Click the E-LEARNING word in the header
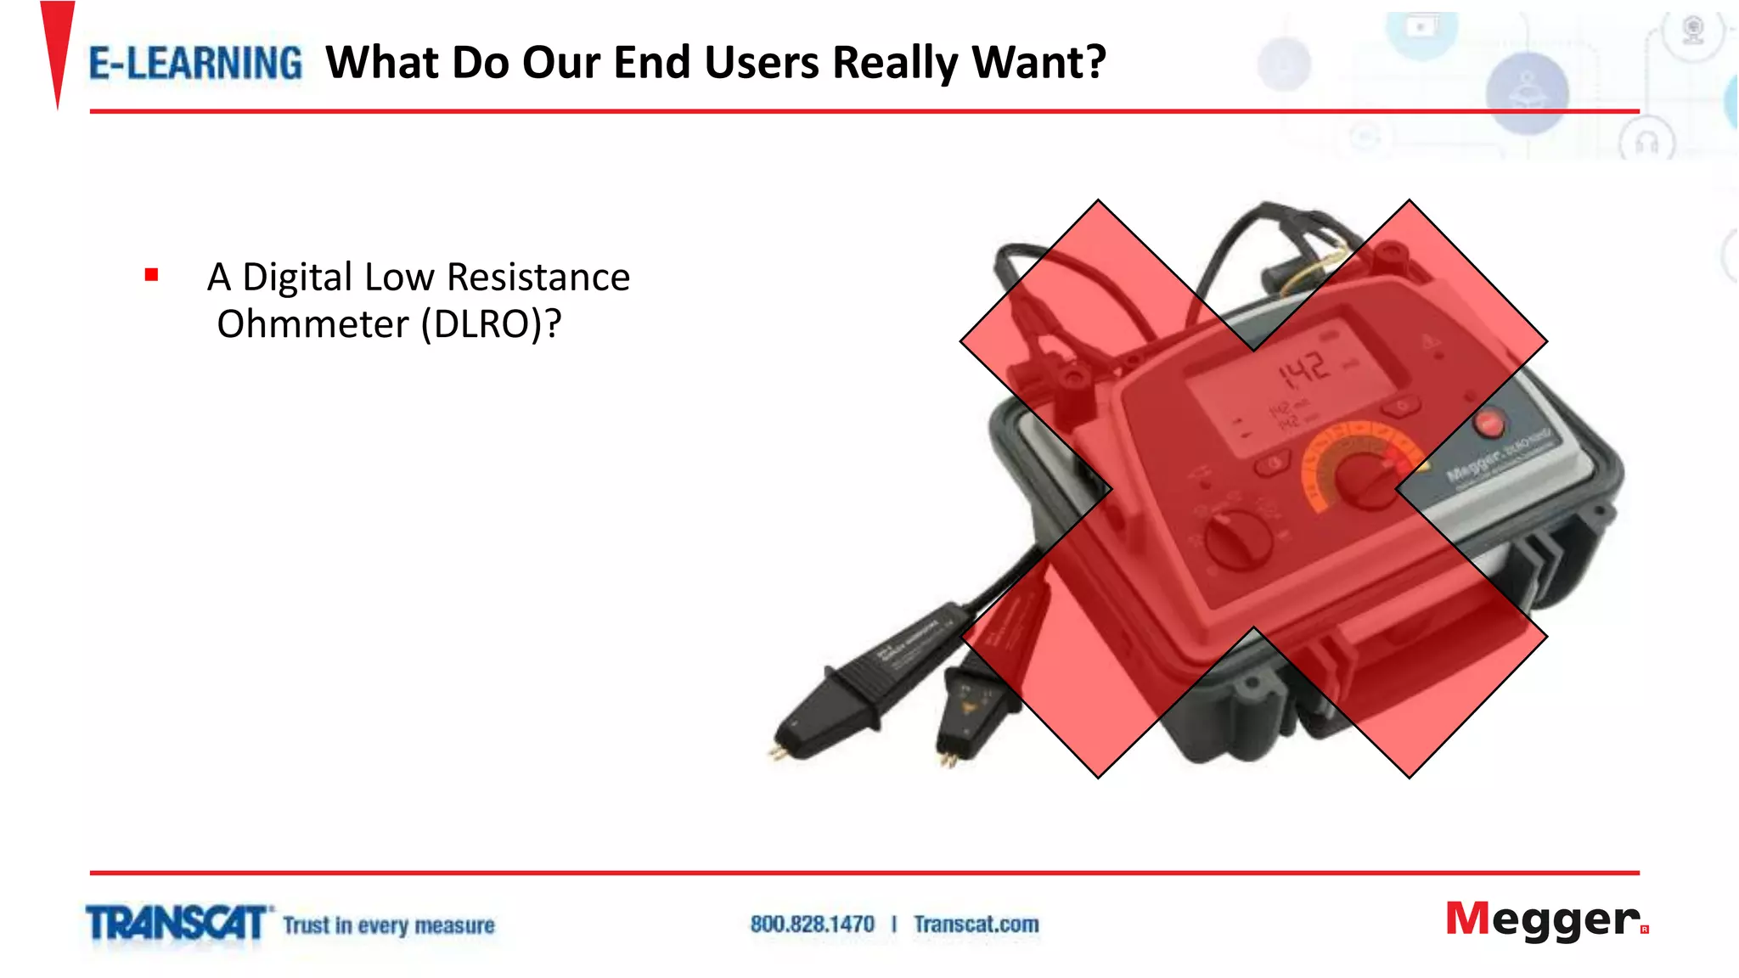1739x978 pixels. tap(195, 64)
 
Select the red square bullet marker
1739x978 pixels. tap(152, 274)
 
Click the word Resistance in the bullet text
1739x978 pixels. tap(538, 278)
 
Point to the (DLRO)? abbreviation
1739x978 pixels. tap(491, 324)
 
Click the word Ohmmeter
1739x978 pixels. tap(313, 324)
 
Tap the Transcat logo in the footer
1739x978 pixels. tap(177, 923)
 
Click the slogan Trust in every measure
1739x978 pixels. tap(389, 925)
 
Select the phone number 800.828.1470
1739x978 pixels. tap(812, 924)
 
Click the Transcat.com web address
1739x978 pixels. tap(976, 924)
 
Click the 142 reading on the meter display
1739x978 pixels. tap(1303, 369)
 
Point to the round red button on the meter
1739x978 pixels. tap(1489, 422)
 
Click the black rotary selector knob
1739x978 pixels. tap(1239, 538)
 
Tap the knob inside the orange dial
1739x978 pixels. tap(1368, 480)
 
